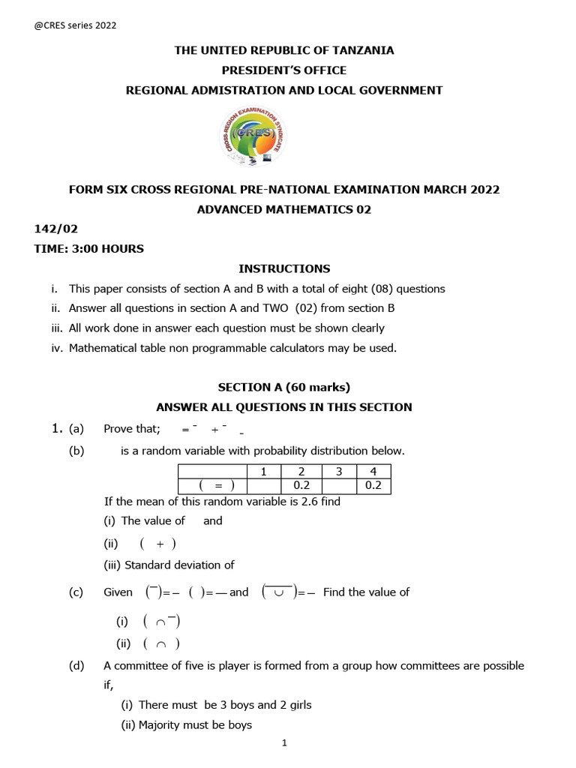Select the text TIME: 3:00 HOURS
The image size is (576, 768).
pyautogui.click(x=88, y=249)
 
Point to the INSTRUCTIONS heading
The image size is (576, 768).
pyautogui.click(x=283, y=268)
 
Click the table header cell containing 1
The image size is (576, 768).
pyautogui.click(x=263, y=471)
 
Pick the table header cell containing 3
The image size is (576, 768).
pyautogui.click(x=339, y=471)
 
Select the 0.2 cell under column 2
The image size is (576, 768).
pyautogui.click(x=301, y=486)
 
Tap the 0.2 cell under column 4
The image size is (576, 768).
pyautogui.click(x=373, y=486)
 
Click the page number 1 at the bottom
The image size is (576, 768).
pyautogui.click(x=285, y=743)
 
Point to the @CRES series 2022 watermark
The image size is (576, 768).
pyautogui.click(x=76, y=25)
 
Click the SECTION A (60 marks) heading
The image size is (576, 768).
pyautogui.click(x=283, y=387)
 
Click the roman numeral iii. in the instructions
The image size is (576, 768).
pyautogui.click(x=56, y=328)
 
